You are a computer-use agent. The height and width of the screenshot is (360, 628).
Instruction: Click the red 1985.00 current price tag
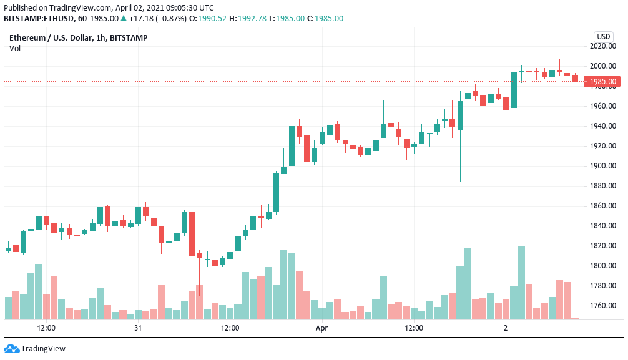tap(602, 82)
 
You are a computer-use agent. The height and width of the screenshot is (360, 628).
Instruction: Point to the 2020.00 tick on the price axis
tap(603, 46)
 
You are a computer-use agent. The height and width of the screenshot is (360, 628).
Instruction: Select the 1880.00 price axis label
tap(603, 186)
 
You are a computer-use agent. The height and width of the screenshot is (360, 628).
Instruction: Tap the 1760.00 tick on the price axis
tap(603, 306)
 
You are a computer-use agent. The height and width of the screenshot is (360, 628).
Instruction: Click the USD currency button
tap(603, 36)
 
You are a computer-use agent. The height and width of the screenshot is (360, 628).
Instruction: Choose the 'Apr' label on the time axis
tap(321, 328)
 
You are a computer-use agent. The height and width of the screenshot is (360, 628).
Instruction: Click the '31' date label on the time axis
tap(138, 328)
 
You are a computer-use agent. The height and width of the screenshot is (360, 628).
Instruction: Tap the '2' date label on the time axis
tap(506, 328)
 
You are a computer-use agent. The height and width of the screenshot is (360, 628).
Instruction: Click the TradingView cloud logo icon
tap(12, 349)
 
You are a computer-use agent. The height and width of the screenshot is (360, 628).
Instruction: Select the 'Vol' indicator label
tap(15, 49)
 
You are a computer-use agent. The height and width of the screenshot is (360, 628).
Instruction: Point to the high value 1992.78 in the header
tap(252, 19)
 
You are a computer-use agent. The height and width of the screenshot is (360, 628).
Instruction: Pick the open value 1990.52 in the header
tap(212, 19)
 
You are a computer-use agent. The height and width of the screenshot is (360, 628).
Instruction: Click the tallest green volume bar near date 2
tap(521, 283)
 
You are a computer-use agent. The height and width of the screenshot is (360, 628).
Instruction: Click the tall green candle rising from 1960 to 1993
tap(514, 90)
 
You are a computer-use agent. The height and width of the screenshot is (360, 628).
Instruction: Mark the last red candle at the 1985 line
tap(575, 79)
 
